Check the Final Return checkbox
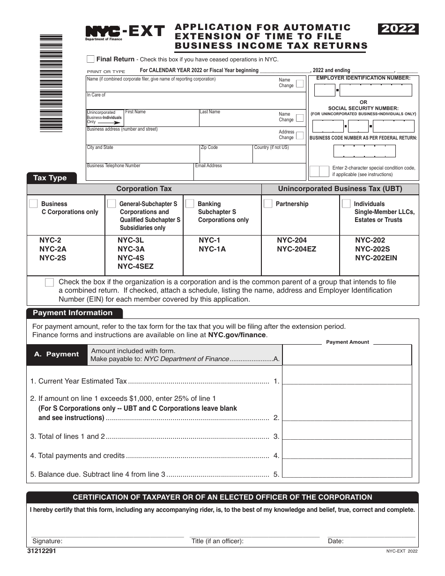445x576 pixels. pos(90,59)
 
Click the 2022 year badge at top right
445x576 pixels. pos(398,29)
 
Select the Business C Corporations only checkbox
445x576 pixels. pos(33,204)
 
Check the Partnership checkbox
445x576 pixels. pos(268,204)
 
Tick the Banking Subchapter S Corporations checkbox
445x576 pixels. pos(190,204)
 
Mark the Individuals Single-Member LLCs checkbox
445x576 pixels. pos(346,204)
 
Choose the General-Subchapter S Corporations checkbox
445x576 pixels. pos(111,204)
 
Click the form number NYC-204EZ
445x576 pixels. pos(296,249)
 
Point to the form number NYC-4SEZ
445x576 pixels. pos(135,266)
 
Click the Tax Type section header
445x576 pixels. pos(50,178)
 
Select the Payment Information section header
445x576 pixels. pos(73,313)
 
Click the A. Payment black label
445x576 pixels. pos(57,354)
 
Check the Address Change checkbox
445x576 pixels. pos(300,135)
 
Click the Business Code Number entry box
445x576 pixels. pos(364,151)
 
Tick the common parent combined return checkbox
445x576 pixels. pos(49,282)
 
